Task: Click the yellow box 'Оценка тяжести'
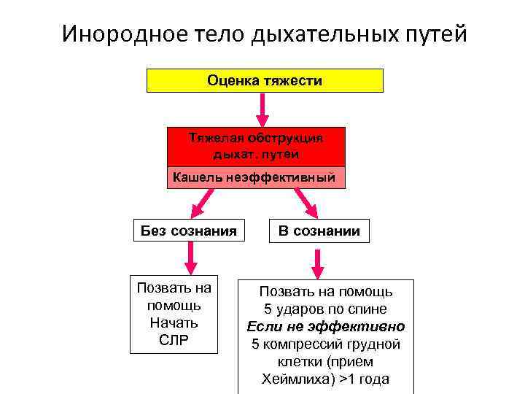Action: point(265,80)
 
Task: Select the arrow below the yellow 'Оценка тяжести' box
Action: point(264,109)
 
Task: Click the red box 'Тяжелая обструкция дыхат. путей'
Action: point(256,146)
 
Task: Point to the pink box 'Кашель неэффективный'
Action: point(255,177)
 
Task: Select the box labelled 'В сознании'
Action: point(319,231)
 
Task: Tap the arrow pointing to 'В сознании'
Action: point(306,202)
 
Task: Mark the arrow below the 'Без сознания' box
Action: point(190,256)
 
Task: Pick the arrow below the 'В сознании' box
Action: point(318,262)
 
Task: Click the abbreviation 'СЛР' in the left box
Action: point(174,339)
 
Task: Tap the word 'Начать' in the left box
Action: point(174,322)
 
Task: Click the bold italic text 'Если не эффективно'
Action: point(326,327)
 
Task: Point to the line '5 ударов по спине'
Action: point(326,309)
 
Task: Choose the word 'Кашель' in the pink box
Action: point(193,177)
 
